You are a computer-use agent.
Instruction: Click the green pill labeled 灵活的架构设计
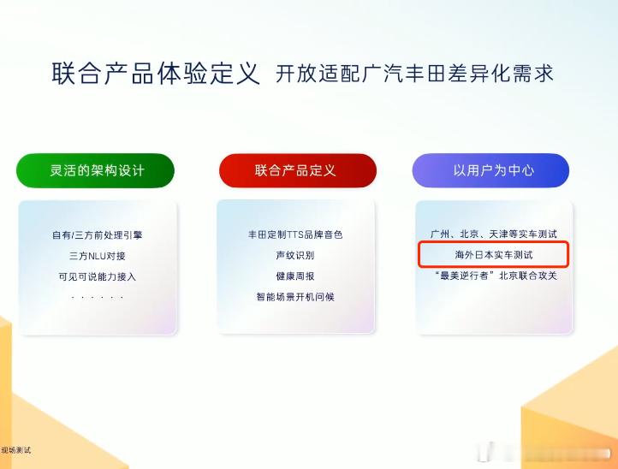click(95, 170)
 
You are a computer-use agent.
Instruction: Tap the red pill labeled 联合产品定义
click(298, 170)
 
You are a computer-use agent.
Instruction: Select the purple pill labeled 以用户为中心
click(490, 170)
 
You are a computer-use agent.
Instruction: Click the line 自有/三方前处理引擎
click(98, 235)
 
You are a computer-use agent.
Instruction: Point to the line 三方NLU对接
click(98, 256)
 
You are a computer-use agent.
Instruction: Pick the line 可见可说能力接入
click(98, 276)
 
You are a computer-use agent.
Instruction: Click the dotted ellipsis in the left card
click(98, 298)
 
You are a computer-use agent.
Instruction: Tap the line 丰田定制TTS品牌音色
click(295, 234)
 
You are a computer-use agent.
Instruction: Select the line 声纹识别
click(295, 255)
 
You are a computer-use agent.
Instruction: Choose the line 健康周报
click(295, 276)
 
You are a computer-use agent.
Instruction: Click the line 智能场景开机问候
click(295, 297)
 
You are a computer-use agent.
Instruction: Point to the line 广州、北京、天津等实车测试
click(494, 234)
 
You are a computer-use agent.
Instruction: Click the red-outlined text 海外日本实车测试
click(494, 255)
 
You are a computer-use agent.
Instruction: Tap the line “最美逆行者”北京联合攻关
click(496, 276)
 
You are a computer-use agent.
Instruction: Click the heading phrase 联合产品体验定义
click(156, 74)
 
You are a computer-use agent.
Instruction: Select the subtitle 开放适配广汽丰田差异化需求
click(414, 74)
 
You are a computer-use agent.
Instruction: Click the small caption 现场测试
click(15, 450)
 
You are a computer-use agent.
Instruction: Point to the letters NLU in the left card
click(97, 256)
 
